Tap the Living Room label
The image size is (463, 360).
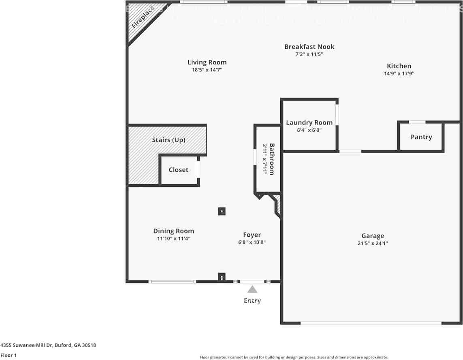point(207,62)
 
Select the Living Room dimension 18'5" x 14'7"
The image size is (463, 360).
point(207,70)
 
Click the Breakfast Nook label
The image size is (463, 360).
point(309,47)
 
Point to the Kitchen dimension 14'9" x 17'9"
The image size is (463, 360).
point(399,73)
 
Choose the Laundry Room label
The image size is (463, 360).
point(309,122)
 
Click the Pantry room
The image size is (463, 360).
point(421,137)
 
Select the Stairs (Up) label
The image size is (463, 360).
point(169,140)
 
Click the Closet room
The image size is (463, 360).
point(179,170)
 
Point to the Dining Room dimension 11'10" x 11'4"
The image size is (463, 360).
point(173,238)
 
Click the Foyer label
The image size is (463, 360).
point(252,235)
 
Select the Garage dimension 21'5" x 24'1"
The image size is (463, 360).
point(373,243)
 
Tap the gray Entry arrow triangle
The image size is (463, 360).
point(252,289)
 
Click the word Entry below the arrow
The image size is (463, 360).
point(252,300)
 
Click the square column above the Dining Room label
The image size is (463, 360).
point(222,211)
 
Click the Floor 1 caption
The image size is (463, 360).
point(9,355)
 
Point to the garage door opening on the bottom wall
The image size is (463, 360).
point(371,323)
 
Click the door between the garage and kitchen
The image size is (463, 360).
point(350,151)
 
